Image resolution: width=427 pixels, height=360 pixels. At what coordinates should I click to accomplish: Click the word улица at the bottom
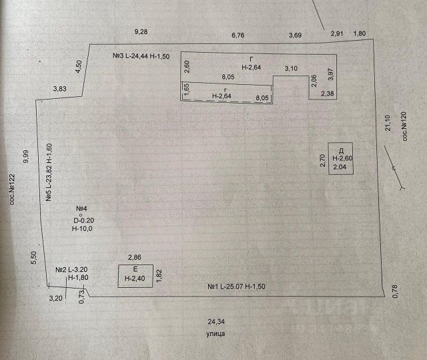tap(215, 332)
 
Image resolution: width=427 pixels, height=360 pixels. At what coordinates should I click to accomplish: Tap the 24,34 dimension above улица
tap(215, 320)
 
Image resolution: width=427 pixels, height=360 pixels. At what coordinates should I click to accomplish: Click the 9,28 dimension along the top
tap(141, 31)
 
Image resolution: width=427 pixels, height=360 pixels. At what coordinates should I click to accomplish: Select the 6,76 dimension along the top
tap(238, 35)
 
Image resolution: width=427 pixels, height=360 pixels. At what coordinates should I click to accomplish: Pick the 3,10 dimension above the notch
tap(291, 68)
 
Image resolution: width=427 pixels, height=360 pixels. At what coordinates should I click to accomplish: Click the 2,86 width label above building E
tap(135, 256)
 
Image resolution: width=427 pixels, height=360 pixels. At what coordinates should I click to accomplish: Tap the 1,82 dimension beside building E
tap(159, 277)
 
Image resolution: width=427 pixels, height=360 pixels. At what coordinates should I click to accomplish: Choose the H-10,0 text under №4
tap(83, 228)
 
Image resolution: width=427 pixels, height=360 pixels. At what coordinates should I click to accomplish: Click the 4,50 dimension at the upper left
tap(78, 67)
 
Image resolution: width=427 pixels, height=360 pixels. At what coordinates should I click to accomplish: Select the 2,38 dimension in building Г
tap(328, 94)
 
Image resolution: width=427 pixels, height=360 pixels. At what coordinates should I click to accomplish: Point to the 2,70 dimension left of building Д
tap(323, 161)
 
